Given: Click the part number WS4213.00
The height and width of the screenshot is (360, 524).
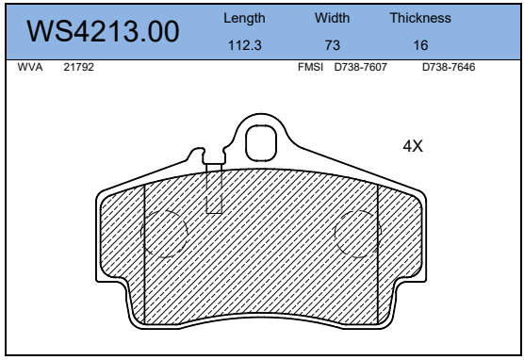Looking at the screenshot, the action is click(x=103, y=31).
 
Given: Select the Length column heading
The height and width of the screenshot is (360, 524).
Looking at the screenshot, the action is click(x=244, y=19).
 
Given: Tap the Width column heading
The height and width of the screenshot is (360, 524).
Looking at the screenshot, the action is click(x=332, y=18).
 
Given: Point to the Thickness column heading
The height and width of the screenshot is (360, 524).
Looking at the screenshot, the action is click(x=420, y=18).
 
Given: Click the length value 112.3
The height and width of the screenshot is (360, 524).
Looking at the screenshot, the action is click(x=244, y=45).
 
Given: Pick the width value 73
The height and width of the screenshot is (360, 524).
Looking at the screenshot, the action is click(x=333, y=45).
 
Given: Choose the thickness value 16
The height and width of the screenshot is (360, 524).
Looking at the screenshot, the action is click(x=420, y=45).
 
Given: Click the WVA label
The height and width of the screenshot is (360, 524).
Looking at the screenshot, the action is click(x=30, y=67).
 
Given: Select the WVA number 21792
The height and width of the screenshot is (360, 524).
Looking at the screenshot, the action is click(x=79, y=67).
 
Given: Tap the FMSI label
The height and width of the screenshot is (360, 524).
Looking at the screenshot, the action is click(x=310, y=67).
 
